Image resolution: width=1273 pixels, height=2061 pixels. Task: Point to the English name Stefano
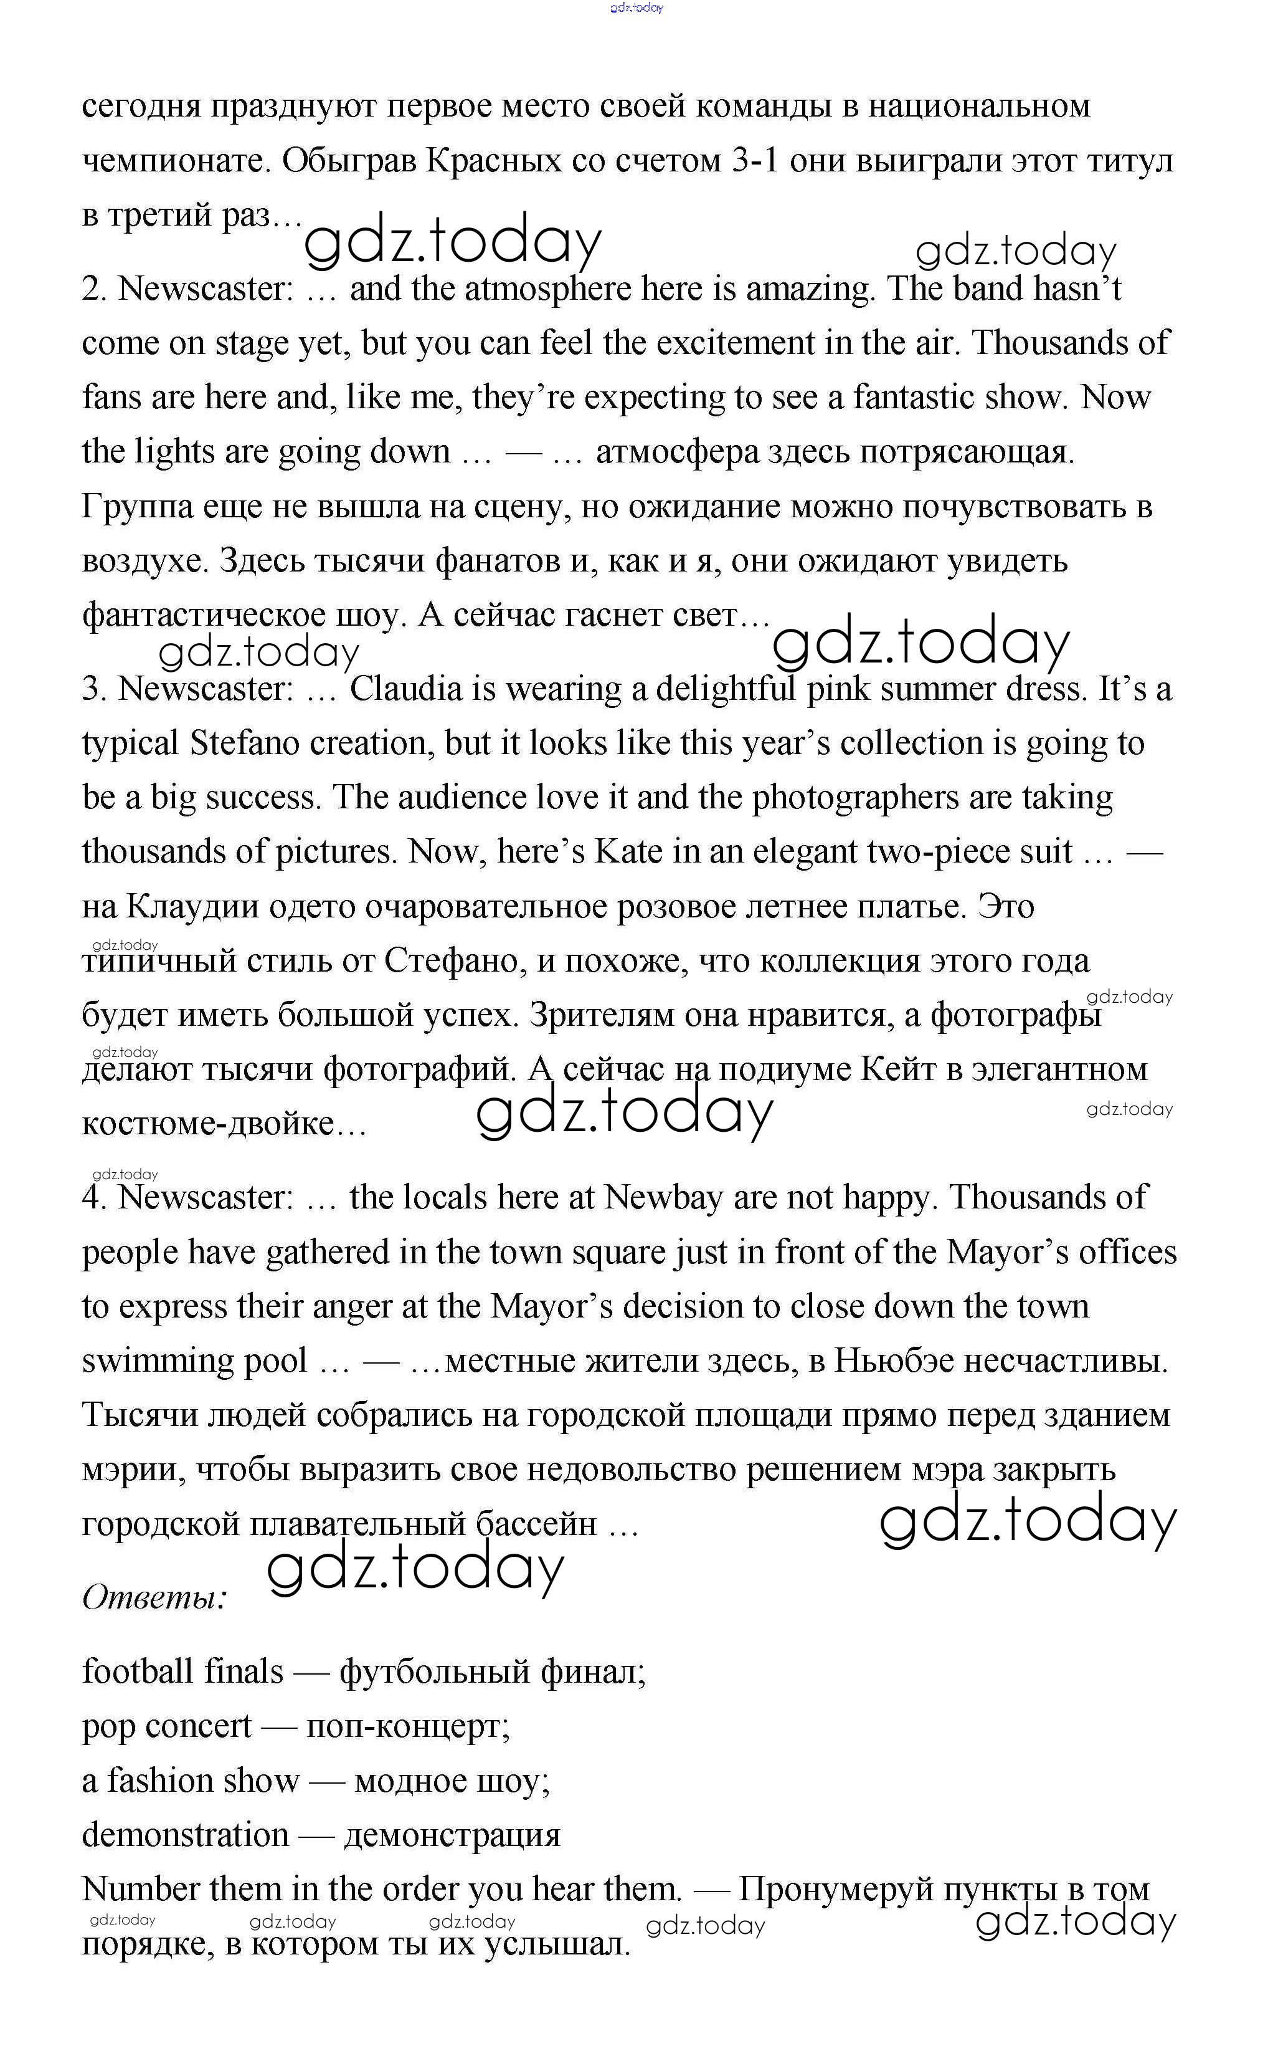(244, 744)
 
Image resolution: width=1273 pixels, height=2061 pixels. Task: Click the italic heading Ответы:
(154, 1597)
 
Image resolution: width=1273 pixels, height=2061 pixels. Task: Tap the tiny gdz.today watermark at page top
(636, 7)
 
